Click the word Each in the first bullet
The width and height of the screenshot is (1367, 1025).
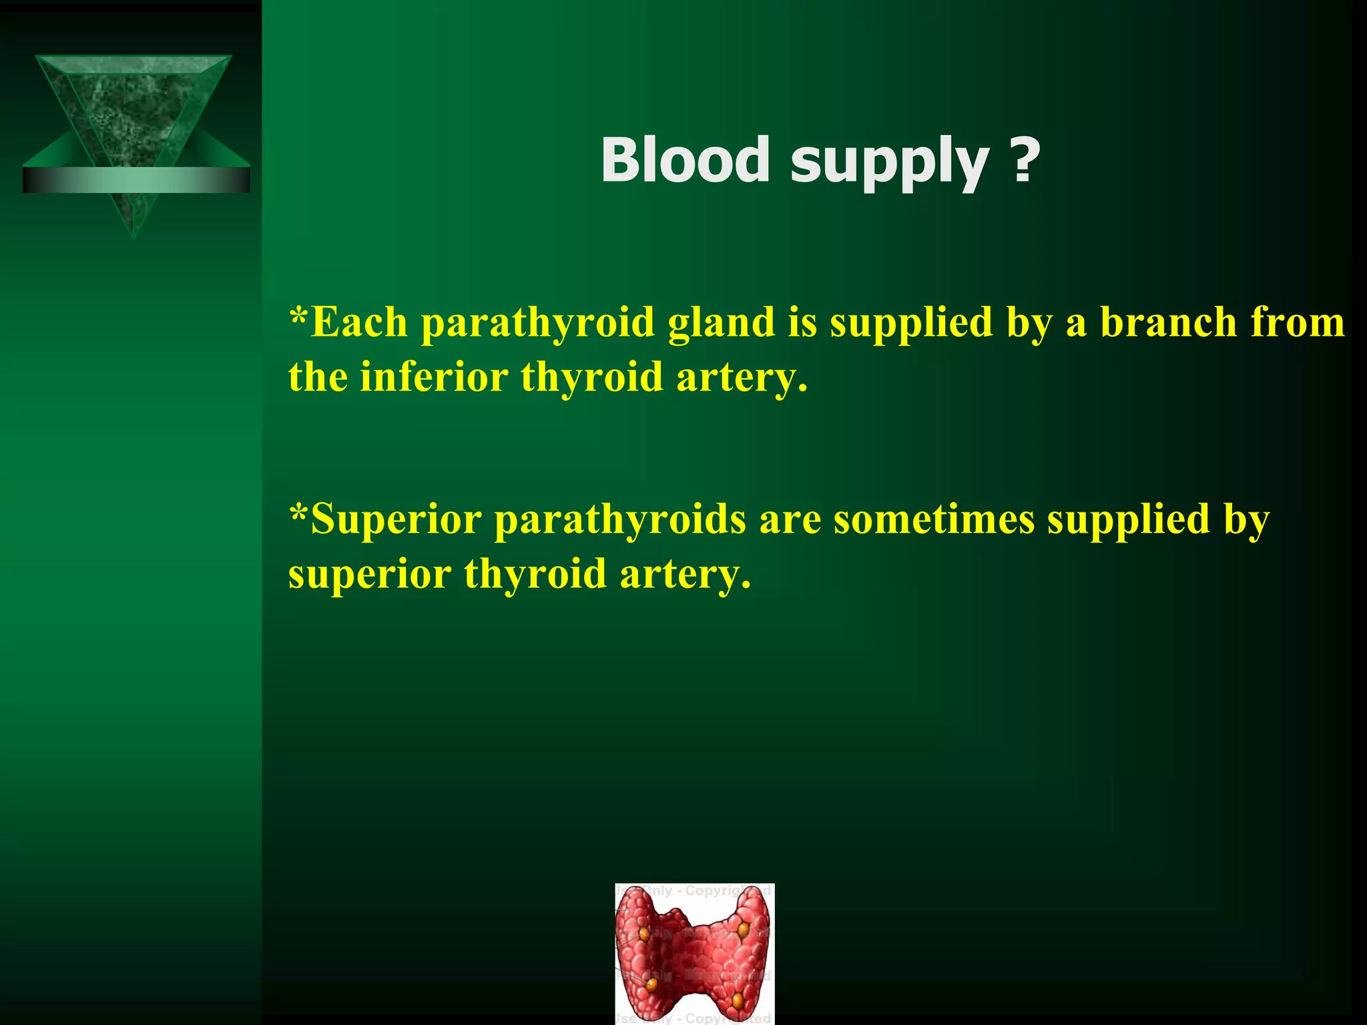point(359,322)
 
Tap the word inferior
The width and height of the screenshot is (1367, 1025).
point(434,376)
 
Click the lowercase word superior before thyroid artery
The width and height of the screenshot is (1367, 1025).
point(369,575)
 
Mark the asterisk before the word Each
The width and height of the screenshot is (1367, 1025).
point(298,314)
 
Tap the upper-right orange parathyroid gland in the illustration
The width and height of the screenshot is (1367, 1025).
point(743,928)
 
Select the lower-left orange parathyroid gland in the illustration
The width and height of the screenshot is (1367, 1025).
point(651,984)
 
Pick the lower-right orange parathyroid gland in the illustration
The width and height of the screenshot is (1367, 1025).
point(738,1000)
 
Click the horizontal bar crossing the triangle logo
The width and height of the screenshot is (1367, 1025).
point(136,180)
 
